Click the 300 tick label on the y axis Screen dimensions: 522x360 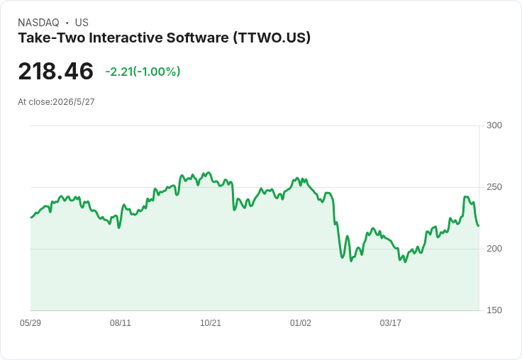click(x=494, y=125)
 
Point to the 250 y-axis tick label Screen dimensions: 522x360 click(x=494, y=187)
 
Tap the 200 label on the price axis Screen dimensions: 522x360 click(x=494, y=249)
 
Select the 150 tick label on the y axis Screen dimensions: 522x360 click(x=494, y=310)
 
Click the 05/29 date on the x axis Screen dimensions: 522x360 click(x=30, y=322)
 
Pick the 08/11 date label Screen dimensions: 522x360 click(x=121, y=322)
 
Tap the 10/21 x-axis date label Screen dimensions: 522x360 click(x=211, y=322)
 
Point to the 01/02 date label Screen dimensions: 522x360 click(x=300, y=322)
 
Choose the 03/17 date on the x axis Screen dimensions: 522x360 click(x=391, y=322)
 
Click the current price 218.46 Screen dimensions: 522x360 click(x=55, y=71)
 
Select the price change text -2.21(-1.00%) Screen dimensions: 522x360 click(x=143, y=72)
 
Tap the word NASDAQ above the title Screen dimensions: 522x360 click(x=38, y=23)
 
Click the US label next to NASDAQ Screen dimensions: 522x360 click(x=82, y=23)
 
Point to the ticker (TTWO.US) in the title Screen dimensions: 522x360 click(x=272, y=38)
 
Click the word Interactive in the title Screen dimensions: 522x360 click(x=126, y=38)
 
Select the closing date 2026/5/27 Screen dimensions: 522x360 click(x=74, y=102)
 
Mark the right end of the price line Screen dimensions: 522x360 click(x=479, y=226)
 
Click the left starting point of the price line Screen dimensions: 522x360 click(x=31, y=218)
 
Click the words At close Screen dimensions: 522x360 click(x=34, y=102)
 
